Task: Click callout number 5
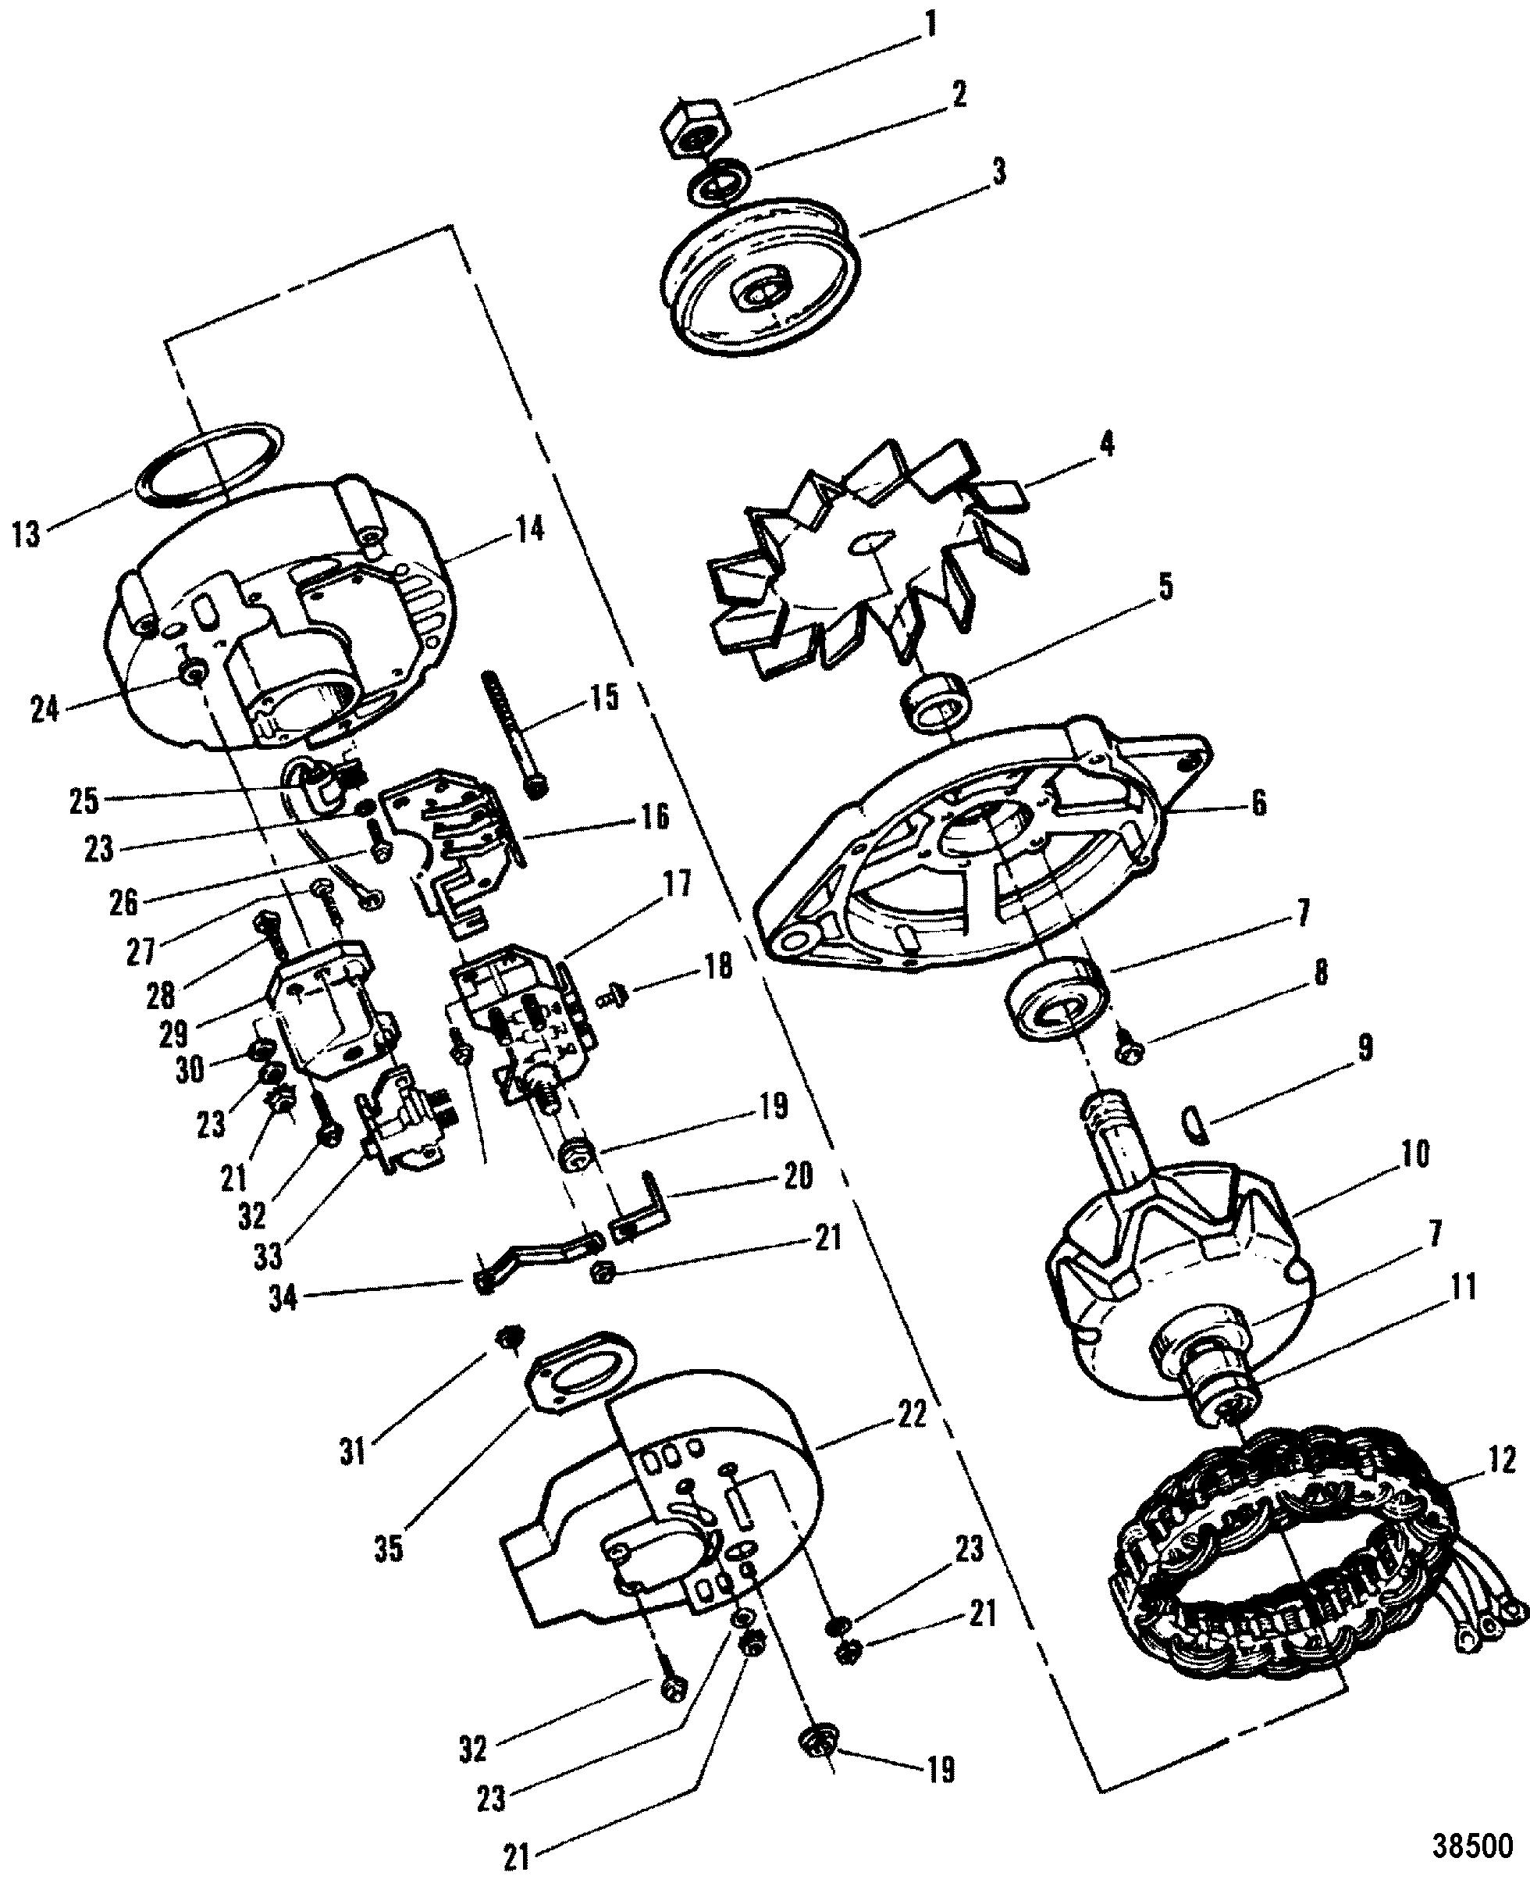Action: click(x=1165, y=587)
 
